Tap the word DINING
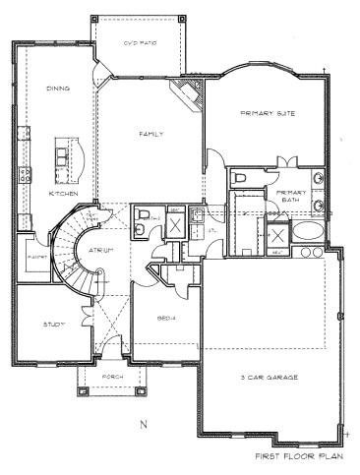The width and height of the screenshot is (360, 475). click(58, 89)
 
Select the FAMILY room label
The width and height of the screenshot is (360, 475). click(150, 135)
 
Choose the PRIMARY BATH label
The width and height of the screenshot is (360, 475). click(292, 196)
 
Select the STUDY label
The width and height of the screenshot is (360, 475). click(53, 324)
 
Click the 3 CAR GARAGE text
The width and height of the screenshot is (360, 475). click(269, 377)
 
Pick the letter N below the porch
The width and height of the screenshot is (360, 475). click(142, 425)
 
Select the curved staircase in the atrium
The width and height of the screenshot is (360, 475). click(73, 251)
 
